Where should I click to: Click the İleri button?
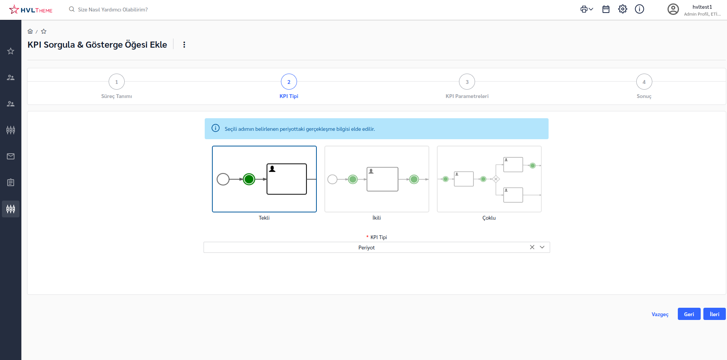[x=714, y=314]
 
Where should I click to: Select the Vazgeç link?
[x=660, y=314]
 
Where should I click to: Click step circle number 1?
[x=117, y=82]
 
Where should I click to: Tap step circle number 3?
[x=467, y=82]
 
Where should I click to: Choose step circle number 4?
[x=644, y=82]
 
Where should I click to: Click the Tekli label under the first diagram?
[x=264, y=218]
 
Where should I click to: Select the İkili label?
[x=377, y=218]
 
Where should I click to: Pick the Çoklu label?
[x=489, y=218]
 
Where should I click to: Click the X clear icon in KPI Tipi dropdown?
[x=532, y=247]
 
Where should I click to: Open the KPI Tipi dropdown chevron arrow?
[x=542, y=247]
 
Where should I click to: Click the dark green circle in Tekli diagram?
[x=249, y=179]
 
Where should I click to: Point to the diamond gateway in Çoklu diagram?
[x=496, y=179]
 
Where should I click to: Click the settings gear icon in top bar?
[x=623, y=9]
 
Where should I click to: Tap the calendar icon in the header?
[x=606, y=9]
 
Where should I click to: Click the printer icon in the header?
[x=584, y=9]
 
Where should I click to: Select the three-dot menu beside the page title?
[x=184, y=45]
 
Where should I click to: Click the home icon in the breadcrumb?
[x=30, y=31]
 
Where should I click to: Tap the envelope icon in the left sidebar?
[x=11, y=156]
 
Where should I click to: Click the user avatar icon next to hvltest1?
[x=673, y=9]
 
